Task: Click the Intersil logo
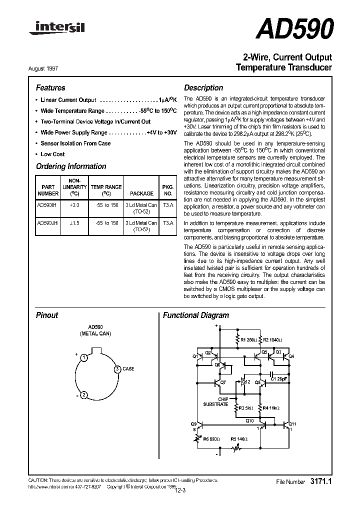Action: [x=56, y=28]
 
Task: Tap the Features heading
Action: [x=50, y=87]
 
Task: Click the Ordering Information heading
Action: [x=71, y=166]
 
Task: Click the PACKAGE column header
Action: [x=141, y=192]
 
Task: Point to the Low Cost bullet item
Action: [x=52, y=154]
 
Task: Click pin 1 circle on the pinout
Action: [x=85, y=357]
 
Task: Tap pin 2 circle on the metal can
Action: [x=84, y=395]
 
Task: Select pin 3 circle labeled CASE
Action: [x=117, y=369]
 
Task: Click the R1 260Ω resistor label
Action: [x=248, y=340]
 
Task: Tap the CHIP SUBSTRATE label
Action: [x=215, y=401]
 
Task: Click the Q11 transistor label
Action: [x=293, y=424]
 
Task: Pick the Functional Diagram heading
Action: [x=196, y=315]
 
